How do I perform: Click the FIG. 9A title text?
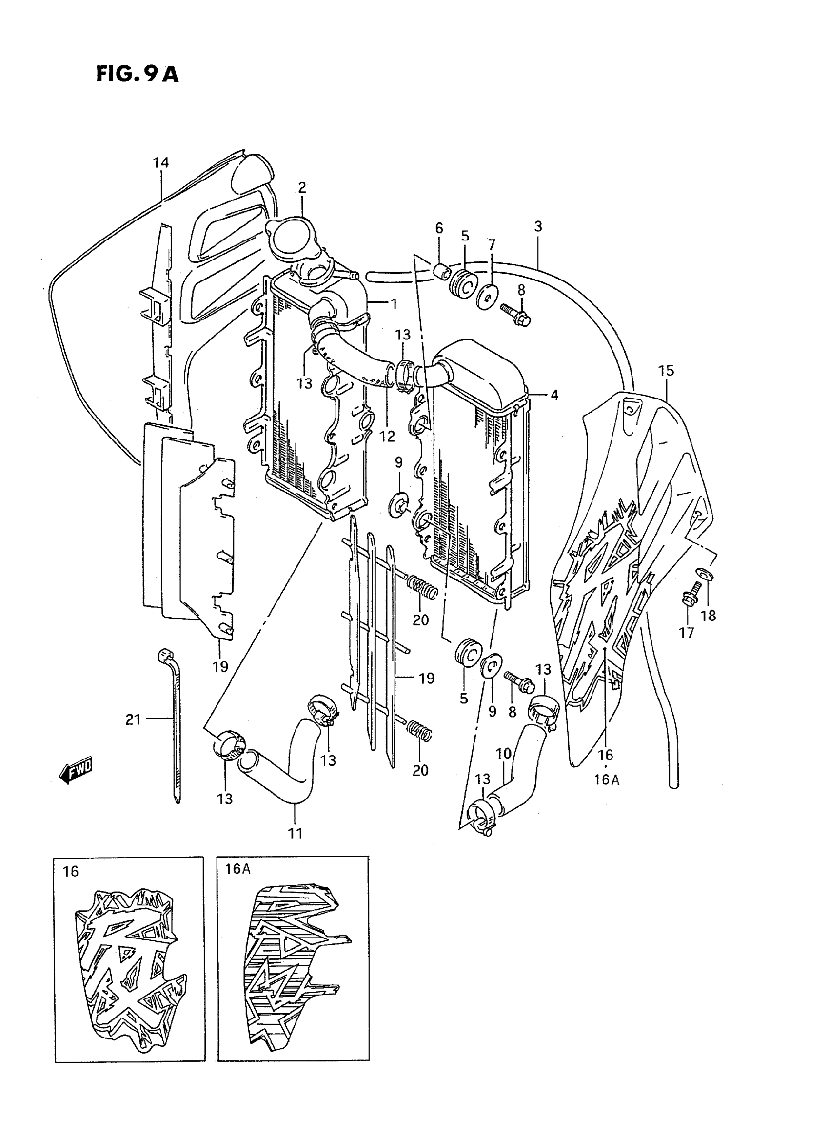137,74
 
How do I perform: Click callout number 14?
160,162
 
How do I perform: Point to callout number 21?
133,719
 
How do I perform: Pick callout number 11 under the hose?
295,833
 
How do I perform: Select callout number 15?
666,371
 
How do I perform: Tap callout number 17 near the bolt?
687,633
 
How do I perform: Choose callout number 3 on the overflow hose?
538,226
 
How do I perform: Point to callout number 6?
439,228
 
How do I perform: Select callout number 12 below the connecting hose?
387,436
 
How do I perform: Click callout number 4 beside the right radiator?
554,395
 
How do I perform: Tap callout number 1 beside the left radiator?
394,304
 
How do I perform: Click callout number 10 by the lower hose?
503,754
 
